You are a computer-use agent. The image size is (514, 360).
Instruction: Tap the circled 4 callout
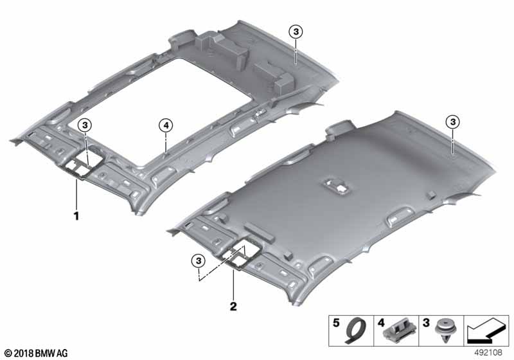[165, 125]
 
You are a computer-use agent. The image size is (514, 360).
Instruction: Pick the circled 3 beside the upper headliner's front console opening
[85, 125]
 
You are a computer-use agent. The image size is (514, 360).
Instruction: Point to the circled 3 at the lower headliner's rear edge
[452, 122]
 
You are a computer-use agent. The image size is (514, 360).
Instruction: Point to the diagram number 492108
[490, 353]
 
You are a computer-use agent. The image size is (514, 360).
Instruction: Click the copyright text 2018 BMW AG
[35, 353]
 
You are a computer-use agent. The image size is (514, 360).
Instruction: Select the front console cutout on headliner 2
[244, 255]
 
